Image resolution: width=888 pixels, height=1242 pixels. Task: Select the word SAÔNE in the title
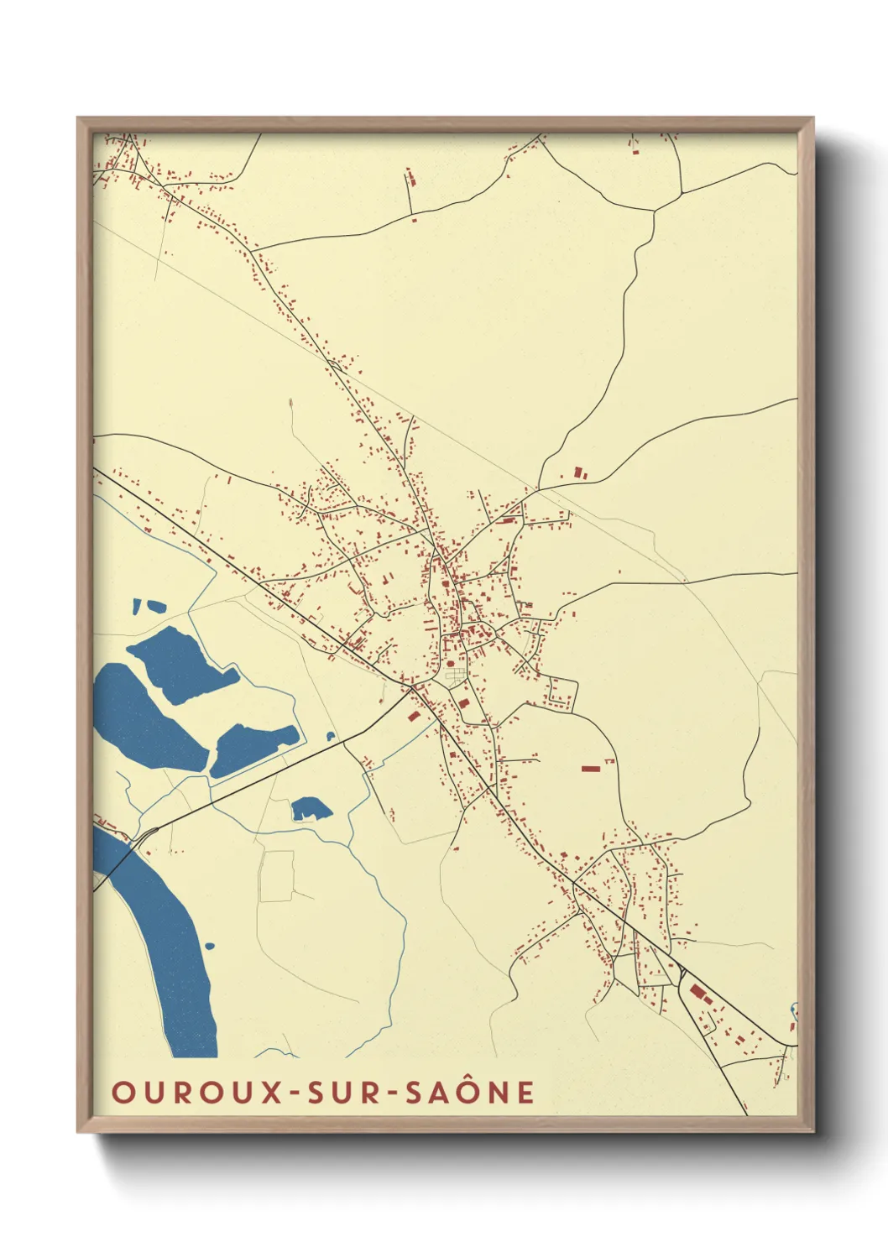click(469, 1093)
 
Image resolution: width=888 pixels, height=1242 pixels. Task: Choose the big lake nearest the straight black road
click(252, 747)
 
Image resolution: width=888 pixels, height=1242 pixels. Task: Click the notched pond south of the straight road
click(310, 809)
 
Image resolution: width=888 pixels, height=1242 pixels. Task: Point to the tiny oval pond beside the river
click(209, 947)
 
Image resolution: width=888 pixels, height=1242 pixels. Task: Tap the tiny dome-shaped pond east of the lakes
click(331, 737)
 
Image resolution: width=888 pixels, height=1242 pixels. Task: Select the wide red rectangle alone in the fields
click(591, 768)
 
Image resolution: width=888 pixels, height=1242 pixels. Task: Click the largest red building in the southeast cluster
click(697, 992)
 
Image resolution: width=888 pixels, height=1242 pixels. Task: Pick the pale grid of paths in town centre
click(456, 675)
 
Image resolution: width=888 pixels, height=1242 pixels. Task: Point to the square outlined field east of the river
click(276, 876)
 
